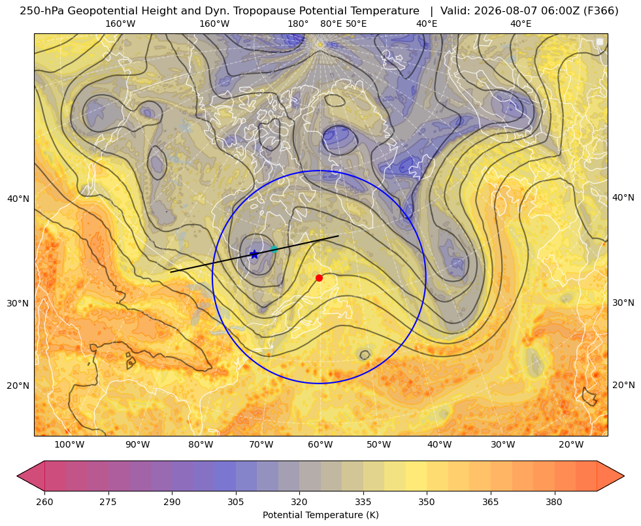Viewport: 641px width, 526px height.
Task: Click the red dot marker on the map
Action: click(x=320, y=278)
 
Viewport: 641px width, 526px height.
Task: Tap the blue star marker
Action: click(x=254, y=255)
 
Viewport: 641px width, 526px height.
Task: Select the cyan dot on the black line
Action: click(x=274, y=250)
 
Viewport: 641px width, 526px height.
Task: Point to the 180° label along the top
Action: click(x=298, y=24)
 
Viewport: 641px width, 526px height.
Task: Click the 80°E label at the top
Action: click(x=331, y=24)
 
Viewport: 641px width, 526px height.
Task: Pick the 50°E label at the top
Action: click(x=356, y=24)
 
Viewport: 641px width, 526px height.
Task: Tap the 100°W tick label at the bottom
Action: click(x=69, y=445)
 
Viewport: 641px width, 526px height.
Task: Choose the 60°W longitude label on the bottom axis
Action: click(x=320, y=445)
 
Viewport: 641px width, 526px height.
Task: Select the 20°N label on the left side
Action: click(x=18, y=386)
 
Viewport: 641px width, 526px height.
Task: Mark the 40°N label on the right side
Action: click(x=623, y=198)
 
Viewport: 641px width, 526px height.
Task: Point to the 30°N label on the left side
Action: click(x=18, y=304)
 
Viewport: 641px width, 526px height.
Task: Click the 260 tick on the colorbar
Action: click(x=44, y=502)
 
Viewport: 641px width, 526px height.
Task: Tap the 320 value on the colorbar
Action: click(x=299, y=502)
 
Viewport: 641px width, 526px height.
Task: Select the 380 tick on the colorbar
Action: click(x=554, y=502)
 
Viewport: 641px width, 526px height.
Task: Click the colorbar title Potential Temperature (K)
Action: click(x=320, y=515)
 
